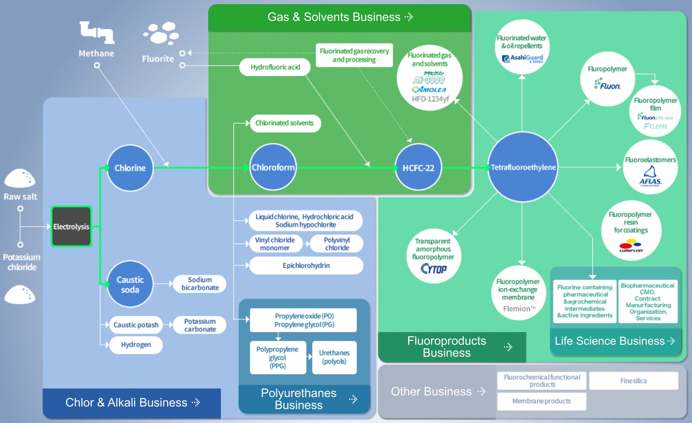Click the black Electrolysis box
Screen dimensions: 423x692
[71, 226]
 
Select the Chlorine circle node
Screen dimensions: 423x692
[130, 168]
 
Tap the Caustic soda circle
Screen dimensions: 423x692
[130, 284]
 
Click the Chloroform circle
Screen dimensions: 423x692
[273, 167]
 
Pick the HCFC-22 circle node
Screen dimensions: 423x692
[418, 168]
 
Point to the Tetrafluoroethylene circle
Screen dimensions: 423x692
[523, 167]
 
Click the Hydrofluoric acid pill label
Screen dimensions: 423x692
[275, 67]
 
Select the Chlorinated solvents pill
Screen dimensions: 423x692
[284, 123]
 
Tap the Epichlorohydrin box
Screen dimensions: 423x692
[306, 266]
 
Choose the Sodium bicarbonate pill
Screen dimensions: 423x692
[200, 284]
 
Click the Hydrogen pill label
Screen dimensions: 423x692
[136, 344]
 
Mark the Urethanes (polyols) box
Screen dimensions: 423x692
[334, 357]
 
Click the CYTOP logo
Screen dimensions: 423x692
[433, 269]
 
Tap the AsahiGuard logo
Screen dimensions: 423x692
[522, 58]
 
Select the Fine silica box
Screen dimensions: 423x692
[633, 381]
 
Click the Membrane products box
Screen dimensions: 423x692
[541, 401]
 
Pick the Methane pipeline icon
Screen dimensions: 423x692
[97, 32]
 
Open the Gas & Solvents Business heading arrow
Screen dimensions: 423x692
[409, 17]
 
